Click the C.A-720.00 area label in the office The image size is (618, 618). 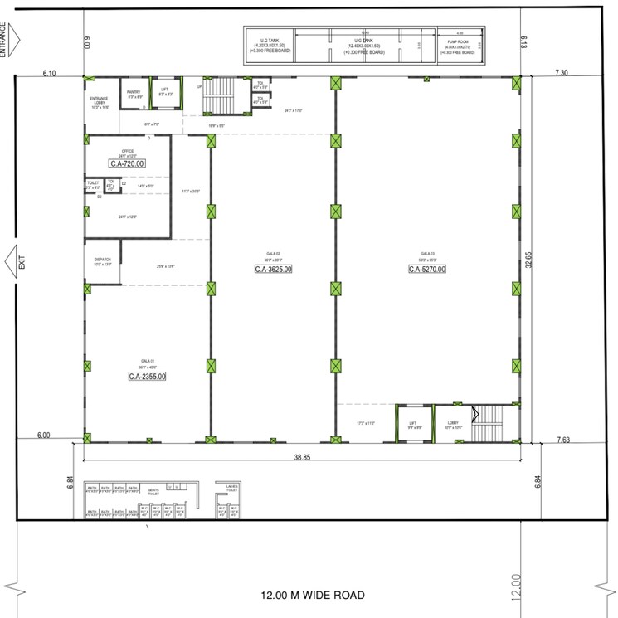(x=127, y=164)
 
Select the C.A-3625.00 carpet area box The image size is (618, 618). (x=273, y=270)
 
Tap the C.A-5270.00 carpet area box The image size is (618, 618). (x=427, y=270)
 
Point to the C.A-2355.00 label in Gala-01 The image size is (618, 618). (x=147, y=377)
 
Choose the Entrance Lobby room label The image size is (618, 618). (x=100, y=102)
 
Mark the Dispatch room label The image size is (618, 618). (x=102, y=261)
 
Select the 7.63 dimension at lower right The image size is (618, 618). (x=563, y=440)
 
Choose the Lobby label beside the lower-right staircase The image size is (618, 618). (x=453, y=425)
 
